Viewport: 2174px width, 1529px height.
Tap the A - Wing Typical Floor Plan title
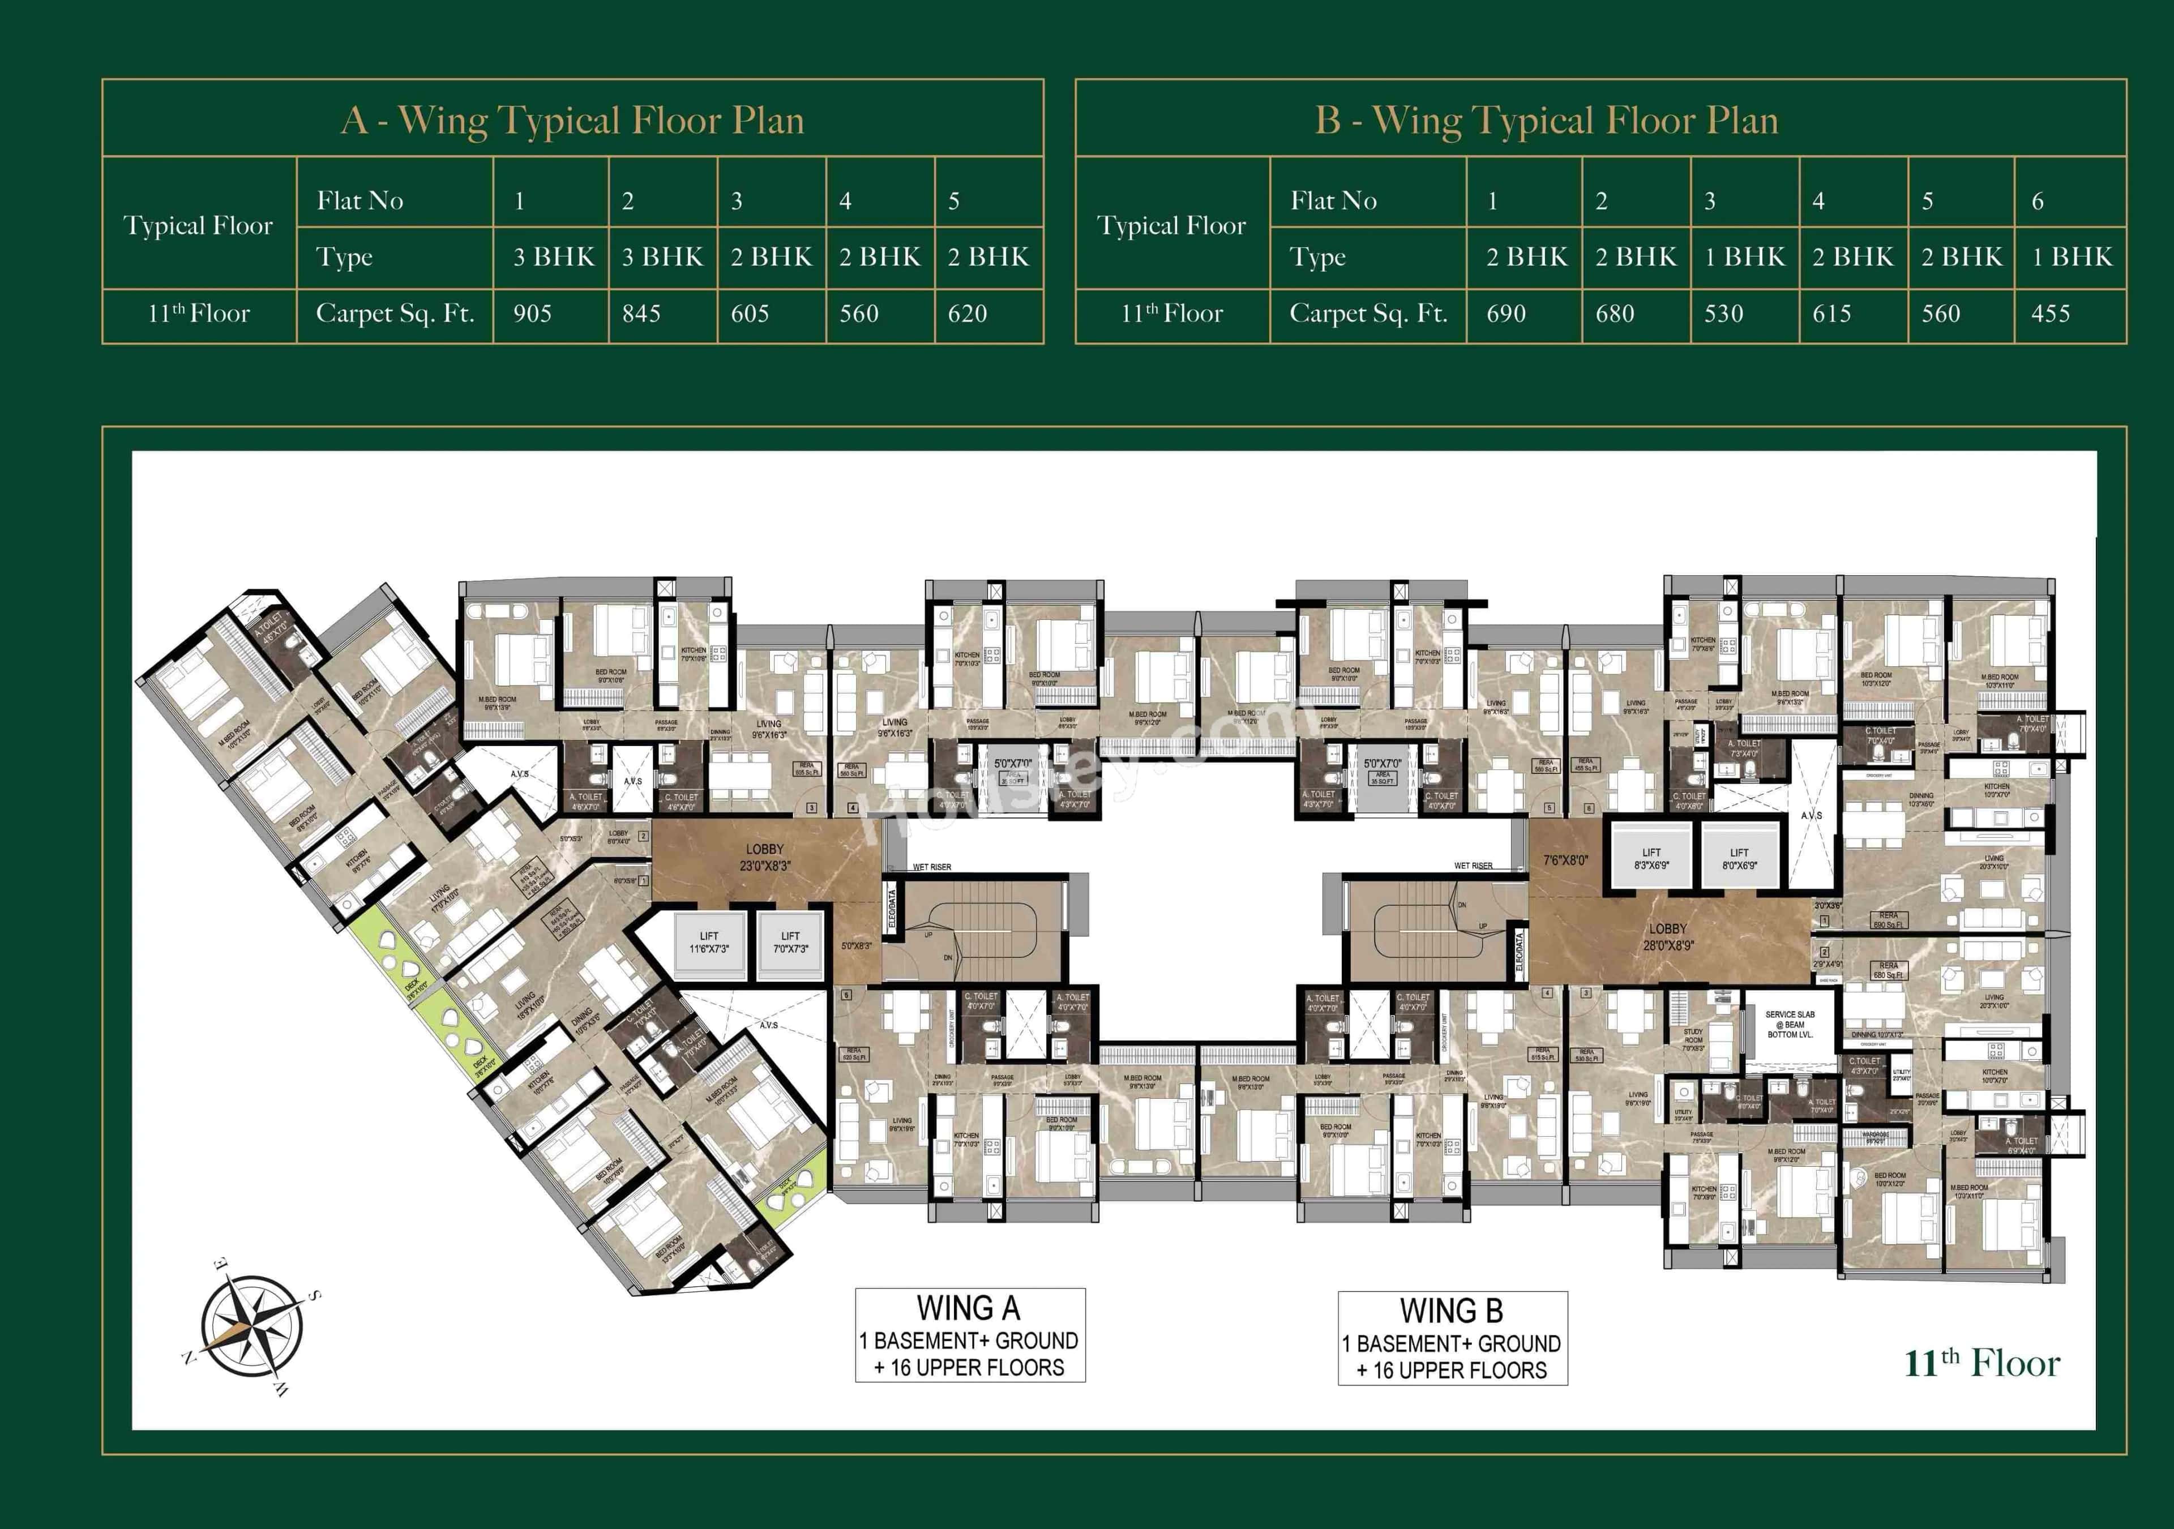(573, 120)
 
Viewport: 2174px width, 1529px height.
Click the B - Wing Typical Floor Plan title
(1546, 120)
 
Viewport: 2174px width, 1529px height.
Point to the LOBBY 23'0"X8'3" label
(764, 857)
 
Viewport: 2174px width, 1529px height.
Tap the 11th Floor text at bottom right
(1981, 1363)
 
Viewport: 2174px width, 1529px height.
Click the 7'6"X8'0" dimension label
(1565, 860)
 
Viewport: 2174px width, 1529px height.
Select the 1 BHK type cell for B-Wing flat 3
(1744, 256)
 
